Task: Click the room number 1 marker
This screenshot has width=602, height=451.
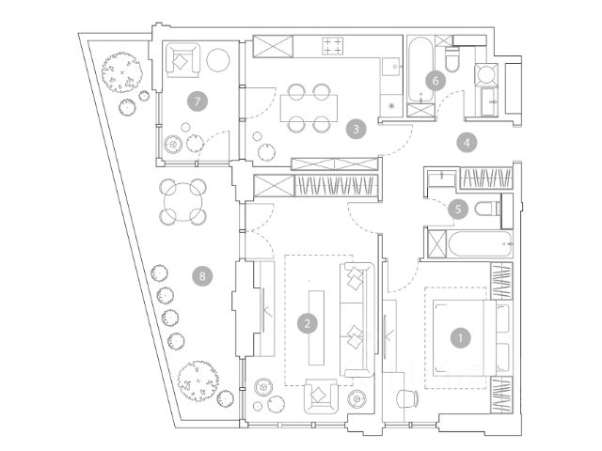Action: [x=461, y=334]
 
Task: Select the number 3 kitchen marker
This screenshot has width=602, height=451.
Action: [x=354, y=128]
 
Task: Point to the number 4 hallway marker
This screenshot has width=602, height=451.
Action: [x=467, y=143]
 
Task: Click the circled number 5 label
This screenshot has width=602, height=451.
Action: [x=458, y=209]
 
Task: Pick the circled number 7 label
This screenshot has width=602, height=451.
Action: [x=196, y=100]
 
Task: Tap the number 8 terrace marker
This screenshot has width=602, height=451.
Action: [x=198, y=275]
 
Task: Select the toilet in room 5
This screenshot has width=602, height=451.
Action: [x=486, y=209]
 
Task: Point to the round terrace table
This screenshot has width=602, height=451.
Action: [x=183, y=199]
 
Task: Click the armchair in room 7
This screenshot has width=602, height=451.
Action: [x=179, y=60]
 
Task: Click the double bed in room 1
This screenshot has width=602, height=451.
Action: [x=461, y=338]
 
